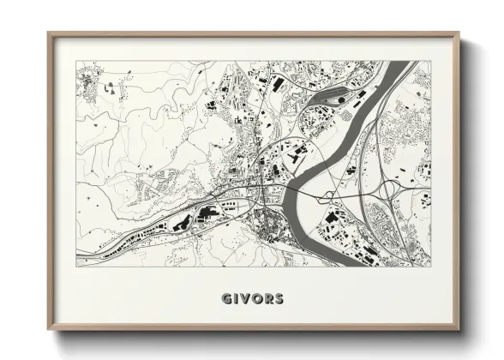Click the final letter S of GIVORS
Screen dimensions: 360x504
tap(279, 299)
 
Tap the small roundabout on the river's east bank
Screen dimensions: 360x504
tap(329, 196)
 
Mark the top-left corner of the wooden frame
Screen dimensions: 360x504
tap(48, 33)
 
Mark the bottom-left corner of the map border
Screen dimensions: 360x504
tap(76, 266)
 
